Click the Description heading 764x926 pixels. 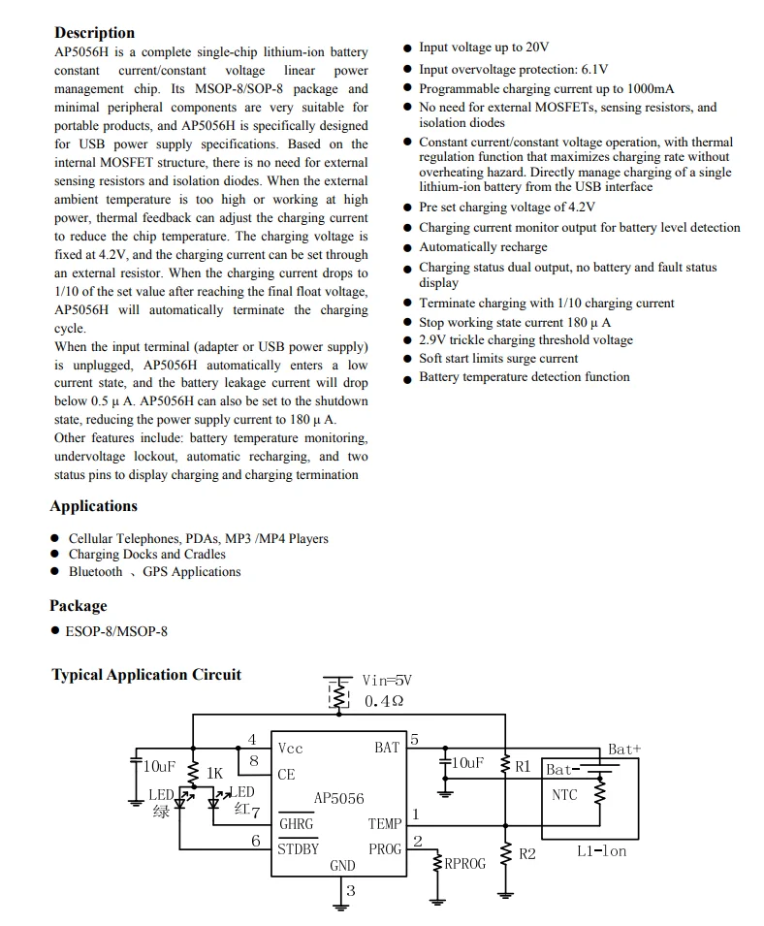(94, 33)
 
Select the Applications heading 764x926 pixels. (93, 506)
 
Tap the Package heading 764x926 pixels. (78, 606)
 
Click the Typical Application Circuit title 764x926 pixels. (146, 675)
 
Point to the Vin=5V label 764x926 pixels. (387, 681)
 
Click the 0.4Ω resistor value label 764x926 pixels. (384, 701)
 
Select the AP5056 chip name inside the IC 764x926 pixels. (338, 799)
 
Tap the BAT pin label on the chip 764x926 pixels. (387, 748)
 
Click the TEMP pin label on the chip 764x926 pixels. (385, 824)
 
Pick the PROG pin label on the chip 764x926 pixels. (385, 849)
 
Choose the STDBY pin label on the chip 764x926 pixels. (299, 849)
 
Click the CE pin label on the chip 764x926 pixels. (286, 775)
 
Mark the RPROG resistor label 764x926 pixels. (465, 863)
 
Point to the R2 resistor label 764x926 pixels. (527, 854)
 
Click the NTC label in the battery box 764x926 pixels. (563, 795)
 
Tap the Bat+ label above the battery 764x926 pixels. (624, 750)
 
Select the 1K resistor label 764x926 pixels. (214, 774)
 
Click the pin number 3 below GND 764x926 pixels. (350, 890)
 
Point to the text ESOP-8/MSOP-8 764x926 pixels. (116, 631)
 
